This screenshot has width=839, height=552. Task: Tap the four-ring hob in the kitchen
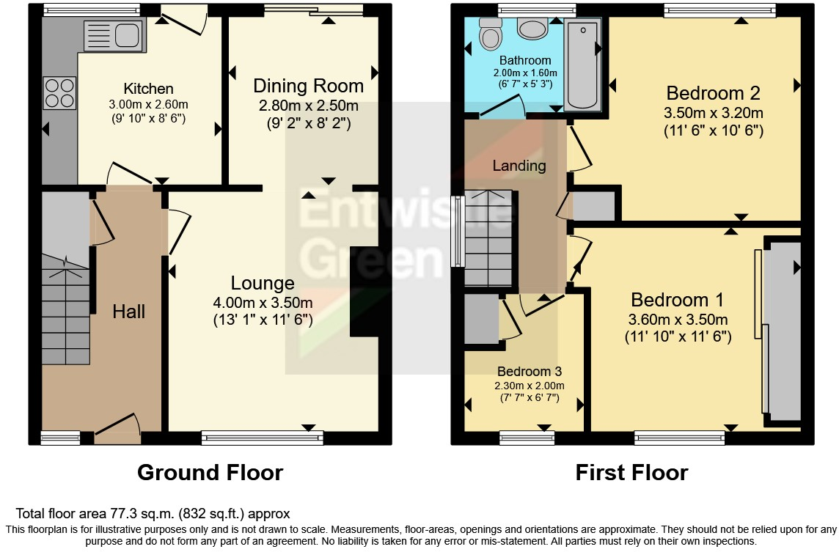click(x=60, y=93)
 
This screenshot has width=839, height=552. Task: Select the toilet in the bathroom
click(x=488, y=32)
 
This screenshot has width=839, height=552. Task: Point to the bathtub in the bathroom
click(x=583, y=65)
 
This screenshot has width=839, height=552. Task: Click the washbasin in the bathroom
click(x=532, y=29)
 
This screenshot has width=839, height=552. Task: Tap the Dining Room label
click(x=308, y=86)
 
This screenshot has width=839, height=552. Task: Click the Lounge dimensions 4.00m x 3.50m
click(x=262, y=303)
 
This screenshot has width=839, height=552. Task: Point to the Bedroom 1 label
click(x=677, y=300)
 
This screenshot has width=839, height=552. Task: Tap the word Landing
click(x=519, y=166)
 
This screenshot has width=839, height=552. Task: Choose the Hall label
click(x=128, y=312)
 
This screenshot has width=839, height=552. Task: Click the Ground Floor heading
click(x=210, y=473)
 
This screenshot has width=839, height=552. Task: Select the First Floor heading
click(x=631, y=473)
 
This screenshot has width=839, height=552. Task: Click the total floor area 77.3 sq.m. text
click(x=153, y=514)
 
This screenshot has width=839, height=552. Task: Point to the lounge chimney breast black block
click(x=364, y=291)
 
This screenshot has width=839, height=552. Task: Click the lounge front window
click(x=262, y=438)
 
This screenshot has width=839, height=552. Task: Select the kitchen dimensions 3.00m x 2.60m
click(x=149, y=104)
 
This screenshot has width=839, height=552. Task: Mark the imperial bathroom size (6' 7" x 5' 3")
click(x=525, y=84)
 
